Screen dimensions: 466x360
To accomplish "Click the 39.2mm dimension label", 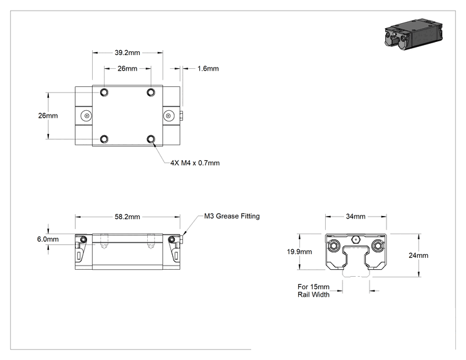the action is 127,53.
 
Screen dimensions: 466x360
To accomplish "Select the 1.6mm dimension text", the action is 208,69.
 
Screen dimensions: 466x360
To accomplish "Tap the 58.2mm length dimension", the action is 127,217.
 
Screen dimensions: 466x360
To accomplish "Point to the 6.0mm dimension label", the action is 48,239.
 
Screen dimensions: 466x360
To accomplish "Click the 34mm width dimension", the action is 355,216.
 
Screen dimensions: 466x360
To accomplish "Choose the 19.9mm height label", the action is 299,252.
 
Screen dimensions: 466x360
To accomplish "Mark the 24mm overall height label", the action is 418,255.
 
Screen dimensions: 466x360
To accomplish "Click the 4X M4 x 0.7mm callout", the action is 195,163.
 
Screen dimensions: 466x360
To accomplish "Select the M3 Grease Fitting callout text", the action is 232,216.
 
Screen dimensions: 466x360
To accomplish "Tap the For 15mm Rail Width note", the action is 314,291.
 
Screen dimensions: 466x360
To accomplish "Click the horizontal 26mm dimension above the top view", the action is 127,69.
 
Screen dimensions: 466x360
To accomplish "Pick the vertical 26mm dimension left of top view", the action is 48,116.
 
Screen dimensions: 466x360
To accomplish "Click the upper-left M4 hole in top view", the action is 104,93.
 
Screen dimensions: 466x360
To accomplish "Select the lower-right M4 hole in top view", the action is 151,139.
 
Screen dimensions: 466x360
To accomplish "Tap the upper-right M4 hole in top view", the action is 151,93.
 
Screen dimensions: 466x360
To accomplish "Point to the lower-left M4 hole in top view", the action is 104,139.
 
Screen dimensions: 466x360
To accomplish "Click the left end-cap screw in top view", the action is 86,116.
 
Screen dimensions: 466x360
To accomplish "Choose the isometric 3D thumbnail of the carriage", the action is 413,34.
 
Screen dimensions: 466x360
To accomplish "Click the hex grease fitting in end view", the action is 355,239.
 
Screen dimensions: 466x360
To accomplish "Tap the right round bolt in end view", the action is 378,245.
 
